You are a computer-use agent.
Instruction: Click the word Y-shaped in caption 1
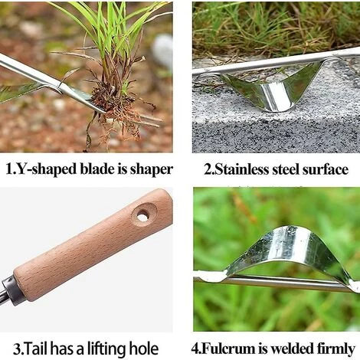pos(46,169)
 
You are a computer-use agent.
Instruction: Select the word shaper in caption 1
pos(152,169)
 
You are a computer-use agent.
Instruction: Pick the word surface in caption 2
pos(326,169)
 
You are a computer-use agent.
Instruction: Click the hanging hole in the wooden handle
pos(142,217)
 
